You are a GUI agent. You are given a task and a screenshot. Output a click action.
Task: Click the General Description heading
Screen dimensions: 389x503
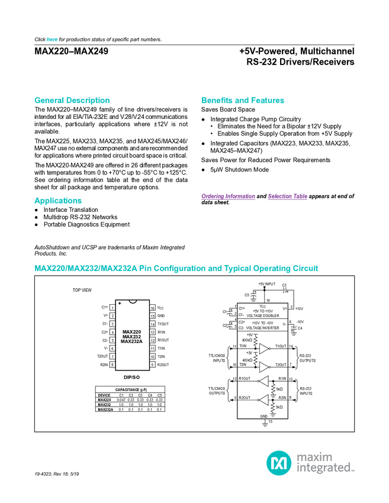pyautogui.click(x=72, y=101)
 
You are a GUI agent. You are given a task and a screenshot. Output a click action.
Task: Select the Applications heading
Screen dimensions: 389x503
pyautogui.click(x=58, y=201)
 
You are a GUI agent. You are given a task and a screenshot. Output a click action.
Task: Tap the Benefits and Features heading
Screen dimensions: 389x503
pyautogui.click(x=243, y=101)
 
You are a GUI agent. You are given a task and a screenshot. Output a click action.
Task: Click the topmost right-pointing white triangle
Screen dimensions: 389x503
pyautogui.click(x=264, y=349)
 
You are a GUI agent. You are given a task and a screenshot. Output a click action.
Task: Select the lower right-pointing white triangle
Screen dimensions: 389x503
pyautogui.click(x=264, y=367)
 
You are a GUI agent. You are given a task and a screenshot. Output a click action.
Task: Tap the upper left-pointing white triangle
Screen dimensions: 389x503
pyautogui.click(x=264, y=381)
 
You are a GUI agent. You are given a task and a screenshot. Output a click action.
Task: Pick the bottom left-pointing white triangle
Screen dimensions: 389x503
pyautogui.click(x=264, y=401)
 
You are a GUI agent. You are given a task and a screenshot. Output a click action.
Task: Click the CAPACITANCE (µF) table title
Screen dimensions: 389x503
pyautogui.click(x=130, y=390)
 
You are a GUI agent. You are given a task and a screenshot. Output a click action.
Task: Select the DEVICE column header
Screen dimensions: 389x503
pyautogui.click(x=104, y=395)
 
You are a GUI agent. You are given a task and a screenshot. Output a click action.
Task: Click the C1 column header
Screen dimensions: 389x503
pyautogui.click(x=121, y=395)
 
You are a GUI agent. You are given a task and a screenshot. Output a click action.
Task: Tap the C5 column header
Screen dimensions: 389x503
pyautogui.click(x=159, y=395)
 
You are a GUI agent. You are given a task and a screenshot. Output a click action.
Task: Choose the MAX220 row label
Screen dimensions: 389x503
pyautogui.click(x=104, y=399)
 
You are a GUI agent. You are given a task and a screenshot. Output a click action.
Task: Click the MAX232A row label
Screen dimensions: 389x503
pyautogui.click(x=105, y=409)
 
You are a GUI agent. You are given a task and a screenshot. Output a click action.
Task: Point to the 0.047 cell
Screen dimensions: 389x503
pyautogui.click(x=121, y=399)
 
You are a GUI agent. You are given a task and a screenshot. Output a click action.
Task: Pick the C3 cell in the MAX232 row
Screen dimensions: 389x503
pyautogui.click(x=140, y=404)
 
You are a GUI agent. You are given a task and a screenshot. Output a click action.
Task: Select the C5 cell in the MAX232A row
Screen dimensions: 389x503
pyautogui.click(x=159, y=409)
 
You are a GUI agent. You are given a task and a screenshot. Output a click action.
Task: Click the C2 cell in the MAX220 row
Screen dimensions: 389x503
pyautogui.click(x=131, y=399)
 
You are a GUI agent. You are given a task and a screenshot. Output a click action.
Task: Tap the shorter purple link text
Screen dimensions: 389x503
pyautogui.click(x=288, y=196)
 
